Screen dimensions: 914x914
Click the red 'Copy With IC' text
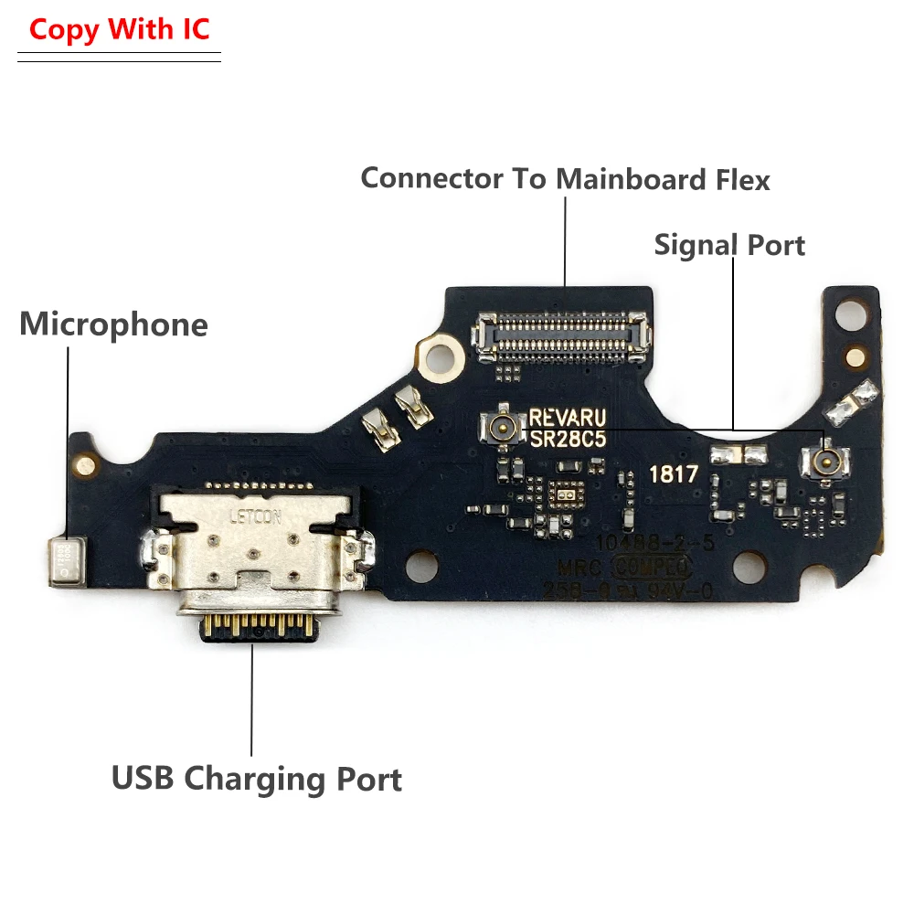click(119, 29)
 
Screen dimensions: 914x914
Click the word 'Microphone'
click(113, 324)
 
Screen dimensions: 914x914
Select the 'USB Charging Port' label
click(256, 780)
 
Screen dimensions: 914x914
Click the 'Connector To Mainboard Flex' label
click(565, 178)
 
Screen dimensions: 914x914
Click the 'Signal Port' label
click(729, 245)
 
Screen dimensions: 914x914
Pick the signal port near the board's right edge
click(825, 460)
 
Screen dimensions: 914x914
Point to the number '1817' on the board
click(674, 474)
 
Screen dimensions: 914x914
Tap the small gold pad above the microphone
click(86, 465)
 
